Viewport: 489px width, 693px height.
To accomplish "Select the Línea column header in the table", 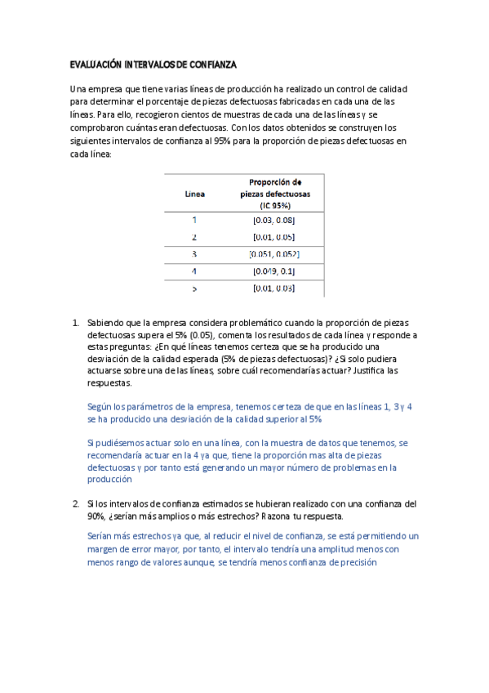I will (194, 194).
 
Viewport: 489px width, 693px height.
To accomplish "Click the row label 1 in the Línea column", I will (194, 220).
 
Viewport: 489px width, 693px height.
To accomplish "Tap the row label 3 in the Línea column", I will (194, 254).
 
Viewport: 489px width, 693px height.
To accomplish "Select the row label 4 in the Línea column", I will (194, 270).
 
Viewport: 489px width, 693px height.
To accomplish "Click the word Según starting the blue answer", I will (100, 406).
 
